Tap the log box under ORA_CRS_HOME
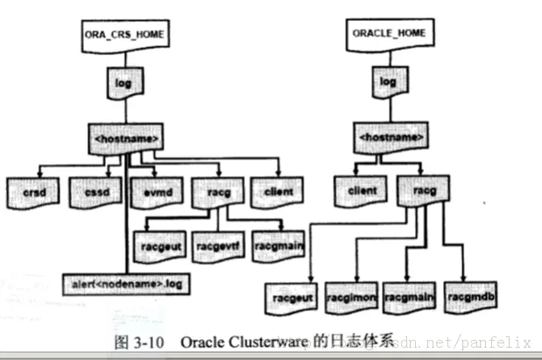tap(123, 83)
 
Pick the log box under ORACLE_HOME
tap(387, 82)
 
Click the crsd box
tap(32, 189)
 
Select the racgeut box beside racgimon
tap(289, 296)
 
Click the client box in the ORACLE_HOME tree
tap(357, 189)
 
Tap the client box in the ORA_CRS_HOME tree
tap(277, 189)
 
